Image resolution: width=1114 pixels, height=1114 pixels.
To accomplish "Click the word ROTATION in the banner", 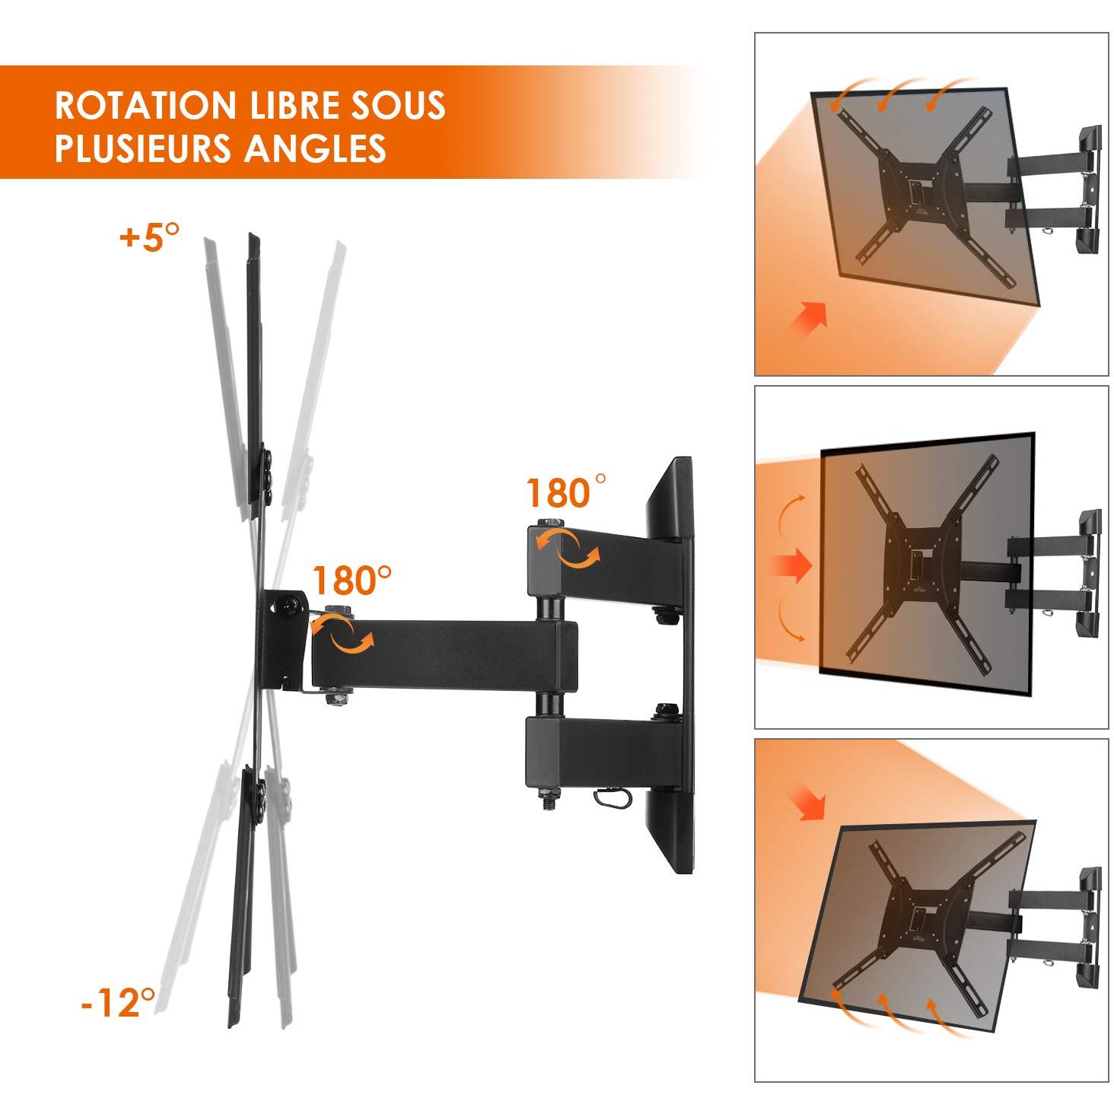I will click(145, 105).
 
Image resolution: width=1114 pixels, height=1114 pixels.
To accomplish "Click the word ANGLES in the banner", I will click(316, 148).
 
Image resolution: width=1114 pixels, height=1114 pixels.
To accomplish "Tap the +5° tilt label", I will click(150, 237).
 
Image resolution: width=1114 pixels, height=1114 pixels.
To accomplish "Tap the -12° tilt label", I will click(118, 1002).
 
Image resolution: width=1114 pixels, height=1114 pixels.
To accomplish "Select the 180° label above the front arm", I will click(352, 581).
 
